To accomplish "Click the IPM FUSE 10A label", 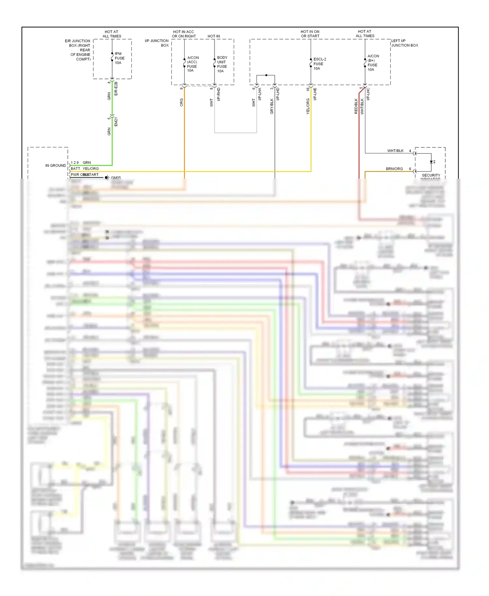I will click(x=119, y=58).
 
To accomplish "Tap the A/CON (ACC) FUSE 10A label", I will click(x=192, y=64).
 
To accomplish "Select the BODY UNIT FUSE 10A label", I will click(x=222, y=64).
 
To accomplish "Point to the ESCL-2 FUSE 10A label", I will click(x=319, y=64).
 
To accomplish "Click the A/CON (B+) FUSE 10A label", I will click(x=373, y=63).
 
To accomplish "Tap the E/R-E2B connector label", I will click(x=116, y=89).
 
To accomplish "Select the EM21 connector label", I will click(x=116, y=122).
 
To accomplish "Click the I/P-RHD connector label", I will click(x=219, y=94).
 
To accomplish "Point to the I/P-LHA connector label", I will click(x=260, y=94).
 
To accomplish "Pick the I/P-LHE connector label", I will click(x=315, y=94).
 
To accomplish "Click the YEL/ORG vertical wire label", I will click(x=308, y=106).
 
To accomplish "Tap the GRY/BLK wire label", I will click(x=272, y=106).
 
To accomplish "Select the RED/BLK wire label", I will click(x=356, y=106).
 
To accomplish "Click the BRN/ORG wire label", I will click(x=394, y=169).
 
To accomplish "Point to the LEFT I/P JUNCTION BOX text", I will click(x=405, y=43).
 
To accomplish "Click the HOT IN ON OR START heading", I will click(x=310, y=34).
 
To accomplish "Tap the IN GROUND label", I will click(x=55, y=166).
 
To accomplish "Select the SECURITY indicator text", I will click(x=431, y=175).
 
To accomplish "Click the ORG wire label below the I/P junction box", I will click(x=181, y=102).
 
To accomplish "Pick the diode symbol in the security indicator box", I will click(x=431, y=162).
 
